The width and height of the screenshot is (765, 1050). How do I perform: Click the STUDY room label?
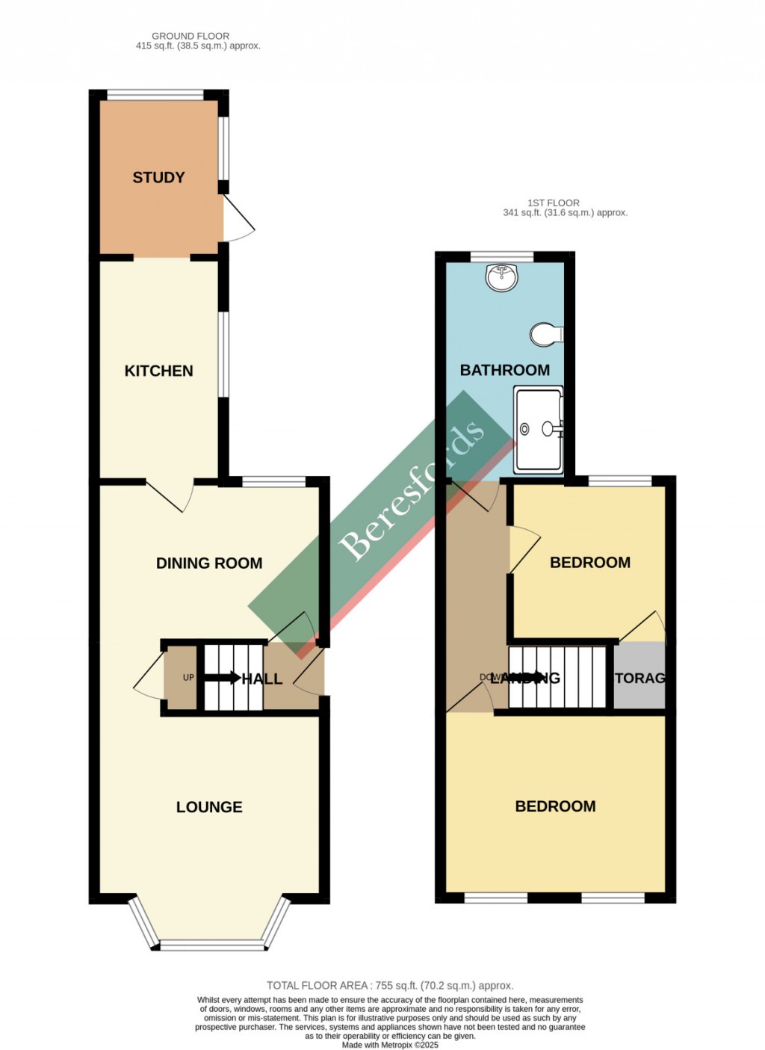tap(158, 178)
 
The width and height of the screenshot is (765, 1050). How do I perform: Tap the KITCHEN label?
tap(158, 371)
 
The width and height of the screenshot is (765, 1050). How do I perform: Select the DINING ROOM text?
tap(209, 563)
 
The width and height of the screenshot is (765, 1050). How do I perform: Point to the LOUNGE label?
tap(209, 807)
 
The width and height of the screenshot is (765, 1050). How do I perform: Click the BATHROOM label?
tap(505, 370)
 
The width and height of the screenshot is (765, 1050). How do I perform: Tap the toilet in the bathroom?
tap(547, 334)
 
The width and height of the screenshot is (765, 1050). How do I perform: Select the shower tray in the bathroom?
tap(538, 429)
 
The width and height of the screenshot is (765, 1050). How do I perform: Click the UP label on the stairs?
tap(188, 678)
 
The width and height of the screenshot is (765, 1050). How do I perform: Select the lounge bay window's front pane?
tap(212, 945)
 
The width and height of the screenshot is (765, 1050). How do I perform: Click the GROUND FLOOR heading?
tap(191, 36)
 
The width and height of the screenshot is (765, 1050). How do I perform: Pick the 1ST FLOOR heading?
tap(554, 203)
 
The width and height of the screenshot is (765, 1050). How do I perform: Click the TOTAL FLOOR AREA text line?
tap(390, 986)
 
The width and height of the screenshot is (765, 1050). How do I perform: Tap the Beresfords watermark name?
tap(412, 492)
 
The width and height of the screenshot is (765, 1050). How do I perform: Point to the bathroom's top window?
tap(502, 257)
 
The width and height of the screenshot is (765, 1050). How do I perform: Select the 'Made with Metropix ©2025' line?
tap(390, 1045)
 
